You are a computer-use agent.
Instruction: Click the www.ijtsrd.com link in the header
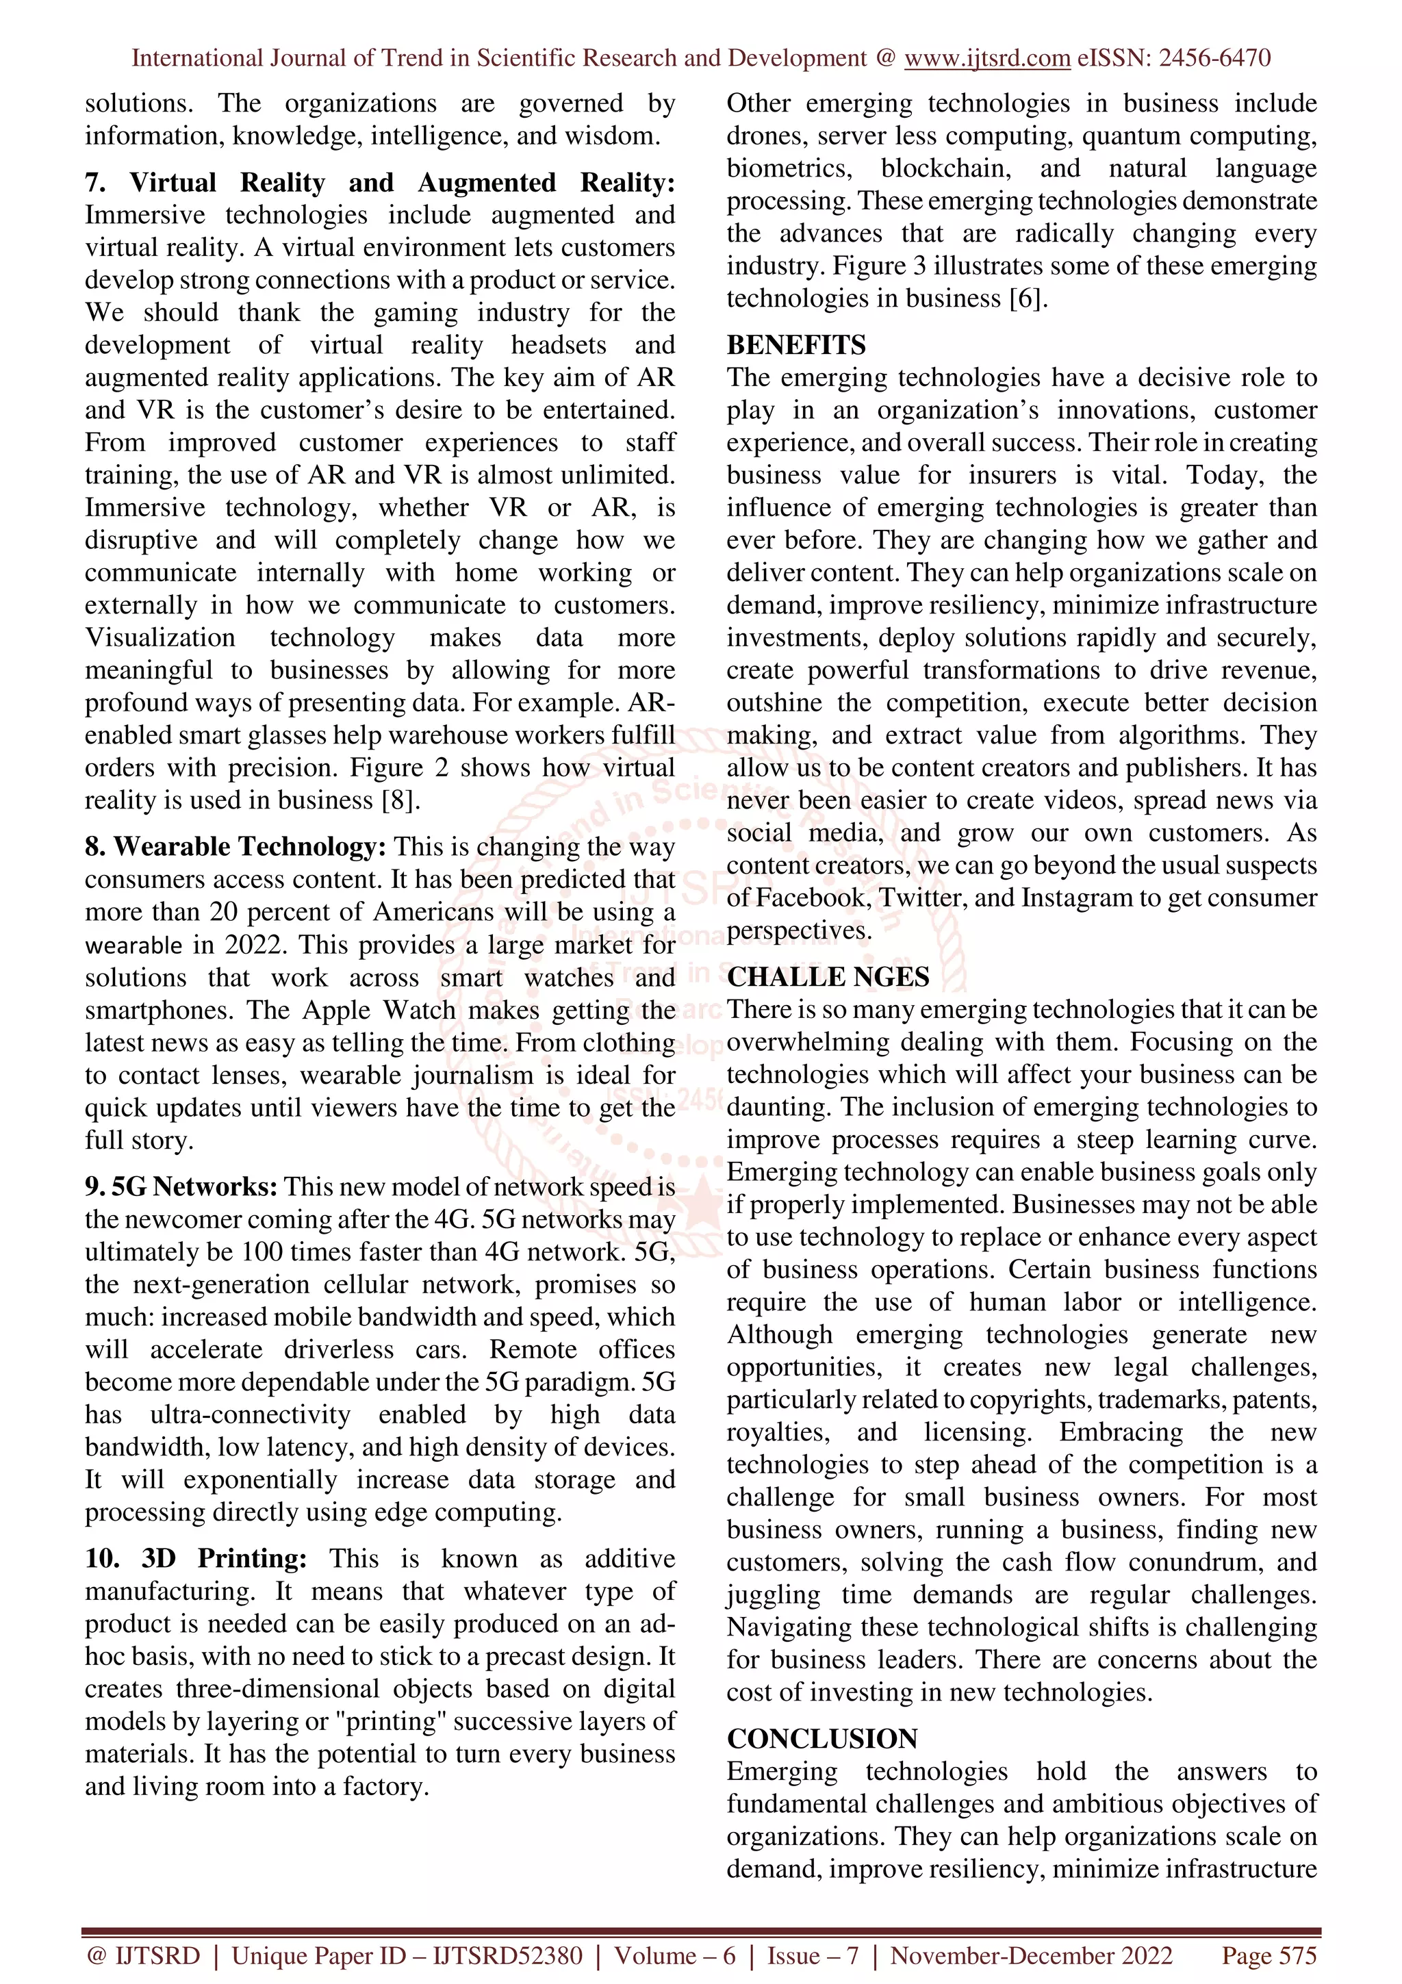986,59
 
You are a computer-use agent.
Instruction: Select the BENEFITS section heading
795,345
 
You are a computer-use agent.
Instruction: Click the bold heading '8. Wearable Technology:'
235,847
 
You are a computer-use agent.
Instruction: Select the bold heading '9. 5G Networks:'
181,1186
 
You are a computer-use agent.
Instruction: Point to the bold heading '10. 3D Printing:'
196,1558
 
